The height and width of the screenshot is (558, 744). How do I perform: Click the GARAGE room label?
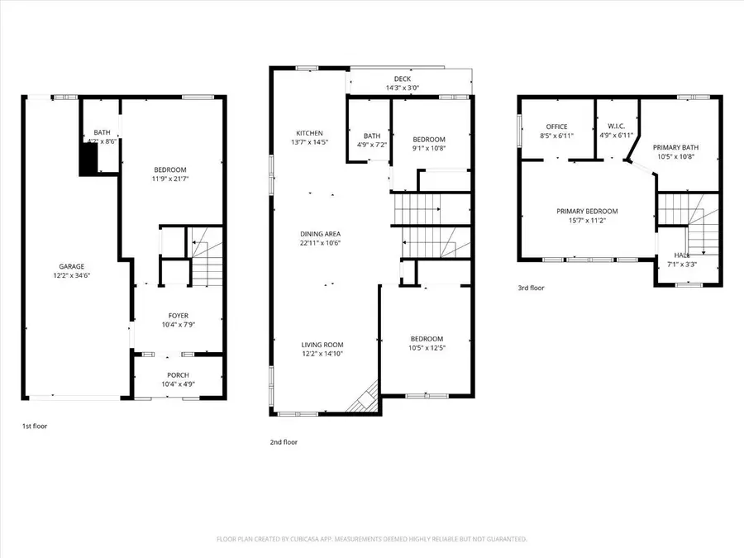[x=71, y=266]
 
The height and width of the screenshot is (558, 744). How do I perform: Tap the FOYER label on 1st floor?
[x=178, y=316]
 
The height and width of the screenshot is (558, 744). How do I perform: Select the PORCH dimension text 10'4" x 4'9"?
[x=178, y=385]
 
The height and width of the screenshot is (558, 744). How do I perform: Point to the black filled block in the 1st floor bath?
[x=88, y=157]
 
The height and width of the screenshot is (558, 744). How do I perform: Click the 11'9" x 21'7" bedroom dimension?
[x=172, y=177]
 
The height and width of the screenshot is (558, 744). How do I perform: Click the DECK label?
[x=403, y=79]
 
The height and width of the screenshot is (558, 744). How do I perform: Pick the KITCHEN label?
[x=309, y=133]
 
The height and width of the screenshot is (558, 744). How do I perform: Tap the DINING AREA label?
[x=320, y=234]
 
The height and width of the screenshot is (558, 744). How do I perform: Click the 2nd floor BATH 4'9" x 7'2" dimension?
[x=372, y=145]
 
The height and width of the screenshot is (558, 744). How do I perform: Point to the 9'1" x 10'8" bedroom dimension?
[x=429, y=149]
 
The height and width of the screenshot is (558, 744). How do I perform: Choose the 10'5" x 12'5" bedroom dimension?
[x=427, y=348]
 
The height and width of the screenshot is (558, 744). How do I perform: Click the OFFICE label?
[x=556, y=126]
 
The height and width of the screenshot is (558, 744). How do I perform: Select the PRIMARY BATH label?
[x=675, y=146]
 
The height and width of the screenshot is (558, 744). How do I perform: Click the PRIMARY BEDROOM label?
[x=587, y=211]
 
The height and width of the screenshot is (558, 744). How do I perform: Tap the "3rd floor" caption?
[x=532, y=288]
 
